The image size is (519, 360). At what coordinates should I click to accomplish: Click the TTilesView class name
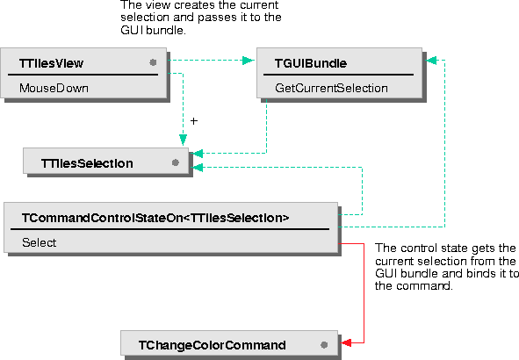click(x=51, y=63)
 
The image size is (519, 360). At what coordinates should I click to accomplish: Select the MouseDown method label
click(x=54, y=88)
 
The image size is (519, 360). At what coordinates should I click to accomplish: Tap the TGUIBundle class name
click(x=311, y=63)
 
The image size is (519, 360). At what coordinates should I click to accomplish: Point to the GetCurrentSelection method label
click(x=331, y=88)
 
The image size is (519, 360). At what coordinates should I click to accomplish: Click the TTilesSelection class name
click(x=87, y=163)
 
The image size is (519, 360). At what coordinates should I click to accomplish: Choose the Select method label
click(x=39, y=242)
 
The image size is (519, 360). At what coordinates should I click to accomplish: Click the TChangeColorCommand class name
click(x=213, y=345)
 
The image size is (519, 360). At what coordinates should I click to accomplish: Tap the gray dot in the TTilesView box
click(x=153, y=62)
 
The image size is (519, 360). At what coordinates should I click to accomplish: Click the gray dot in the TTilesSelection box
click(x=176, y=162)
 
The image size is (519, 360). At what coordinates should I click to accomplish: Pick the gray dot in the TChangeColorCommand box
click(x=324, y=345)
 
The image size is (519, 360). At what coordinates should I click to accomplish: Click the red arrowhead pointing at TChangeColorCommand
click(x=346, y=342)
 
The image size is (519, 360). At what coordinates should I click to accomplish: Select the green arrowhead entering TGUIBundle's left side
click(x=249, y=61)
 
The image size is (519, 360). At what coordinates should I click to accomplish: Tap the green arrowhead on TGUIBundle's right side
click(x=431, y=61)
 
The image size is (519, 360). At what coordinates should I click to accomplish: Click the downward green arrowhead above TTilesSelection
click(x=183, y=140)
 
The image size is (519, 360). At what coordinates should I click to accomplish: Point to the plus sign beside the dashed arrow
click(x=194, y=121)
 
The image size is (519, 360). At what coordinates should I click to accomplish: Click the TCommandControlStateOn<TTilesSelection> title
click(x=155, y=218)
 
